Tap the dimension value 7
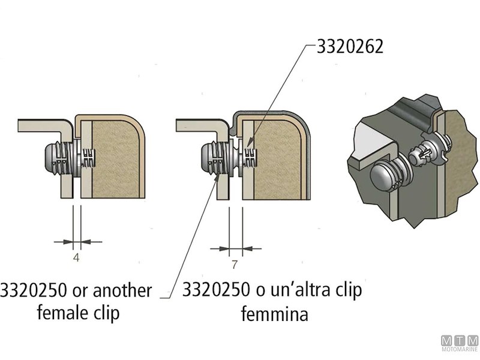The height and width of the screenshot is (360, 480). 235,265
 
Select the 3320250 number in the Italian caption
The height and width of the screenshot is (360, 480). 215,291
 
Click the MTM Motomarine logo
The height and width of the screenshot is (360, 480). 459,345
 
